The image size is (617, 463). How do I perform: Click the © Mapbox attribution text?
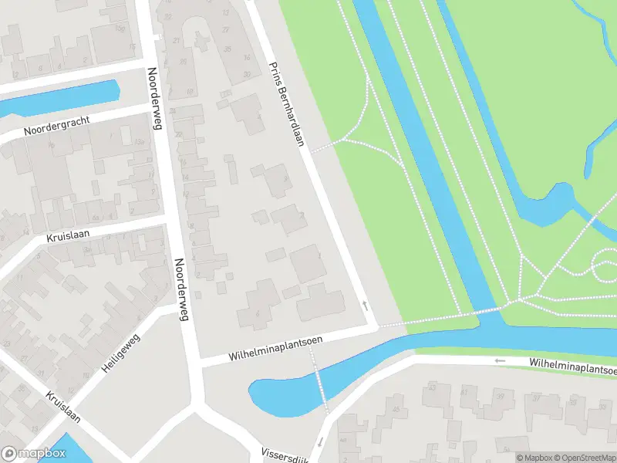(x=532, y=458)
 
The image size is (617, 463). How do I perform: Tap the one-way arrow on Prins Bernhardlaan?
(x=366, y=306)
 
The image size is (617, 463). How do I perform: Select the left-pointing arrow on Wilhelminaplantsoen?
(x=500, y=360)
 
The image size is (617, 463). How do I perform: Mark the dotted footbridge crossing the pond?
(x=319, y=382)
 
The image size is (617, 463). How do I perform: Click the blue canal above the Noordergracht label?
(x=62, y=97)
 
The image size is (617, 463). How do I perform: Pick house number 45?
(x=396, y=408)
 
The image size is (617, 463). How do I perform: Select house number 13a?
(x=140, y=142)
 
